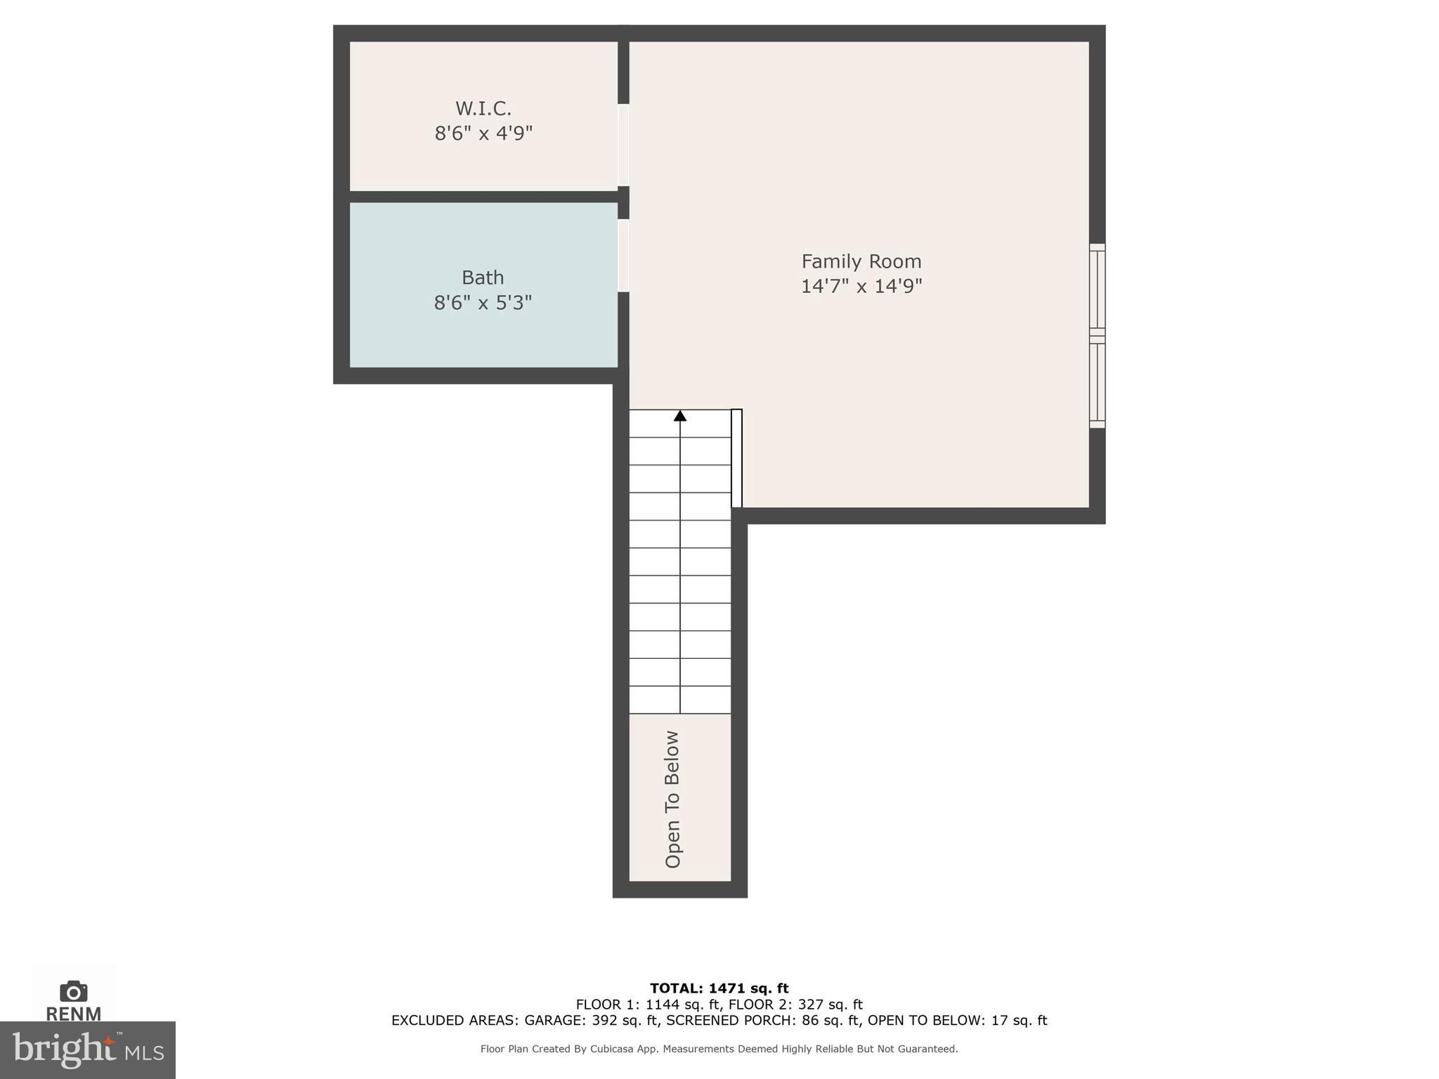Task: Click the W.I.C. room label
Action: click(x=483, y=108)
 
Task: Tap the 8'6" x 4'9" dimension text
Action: click(x=483, y=133)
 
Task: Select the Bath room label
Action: click(x=483, y=277)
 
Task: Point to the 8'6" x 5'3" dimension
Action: click(x=483, y=303)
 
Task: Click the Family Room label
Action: click(x=861, y=261)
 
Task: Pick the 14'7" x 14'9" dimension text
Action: click(x=861, y=287)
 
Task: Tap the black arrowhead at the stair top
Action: click(x=680, y=416)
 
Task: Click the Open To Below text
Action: click(x=672, y=799)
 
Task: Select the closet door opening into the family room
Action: click(x=623, y=145)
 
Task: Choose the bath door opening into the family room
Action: click(x=623, y=256)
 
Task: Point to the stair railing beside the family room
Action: click(x=736, y=458)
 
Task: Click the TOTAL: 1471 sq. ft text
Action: click(x=719, y=988)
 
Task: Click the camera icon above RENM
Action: click(x=74, y=991)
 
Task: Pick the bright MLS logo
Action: click(x=88, y=1050)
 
